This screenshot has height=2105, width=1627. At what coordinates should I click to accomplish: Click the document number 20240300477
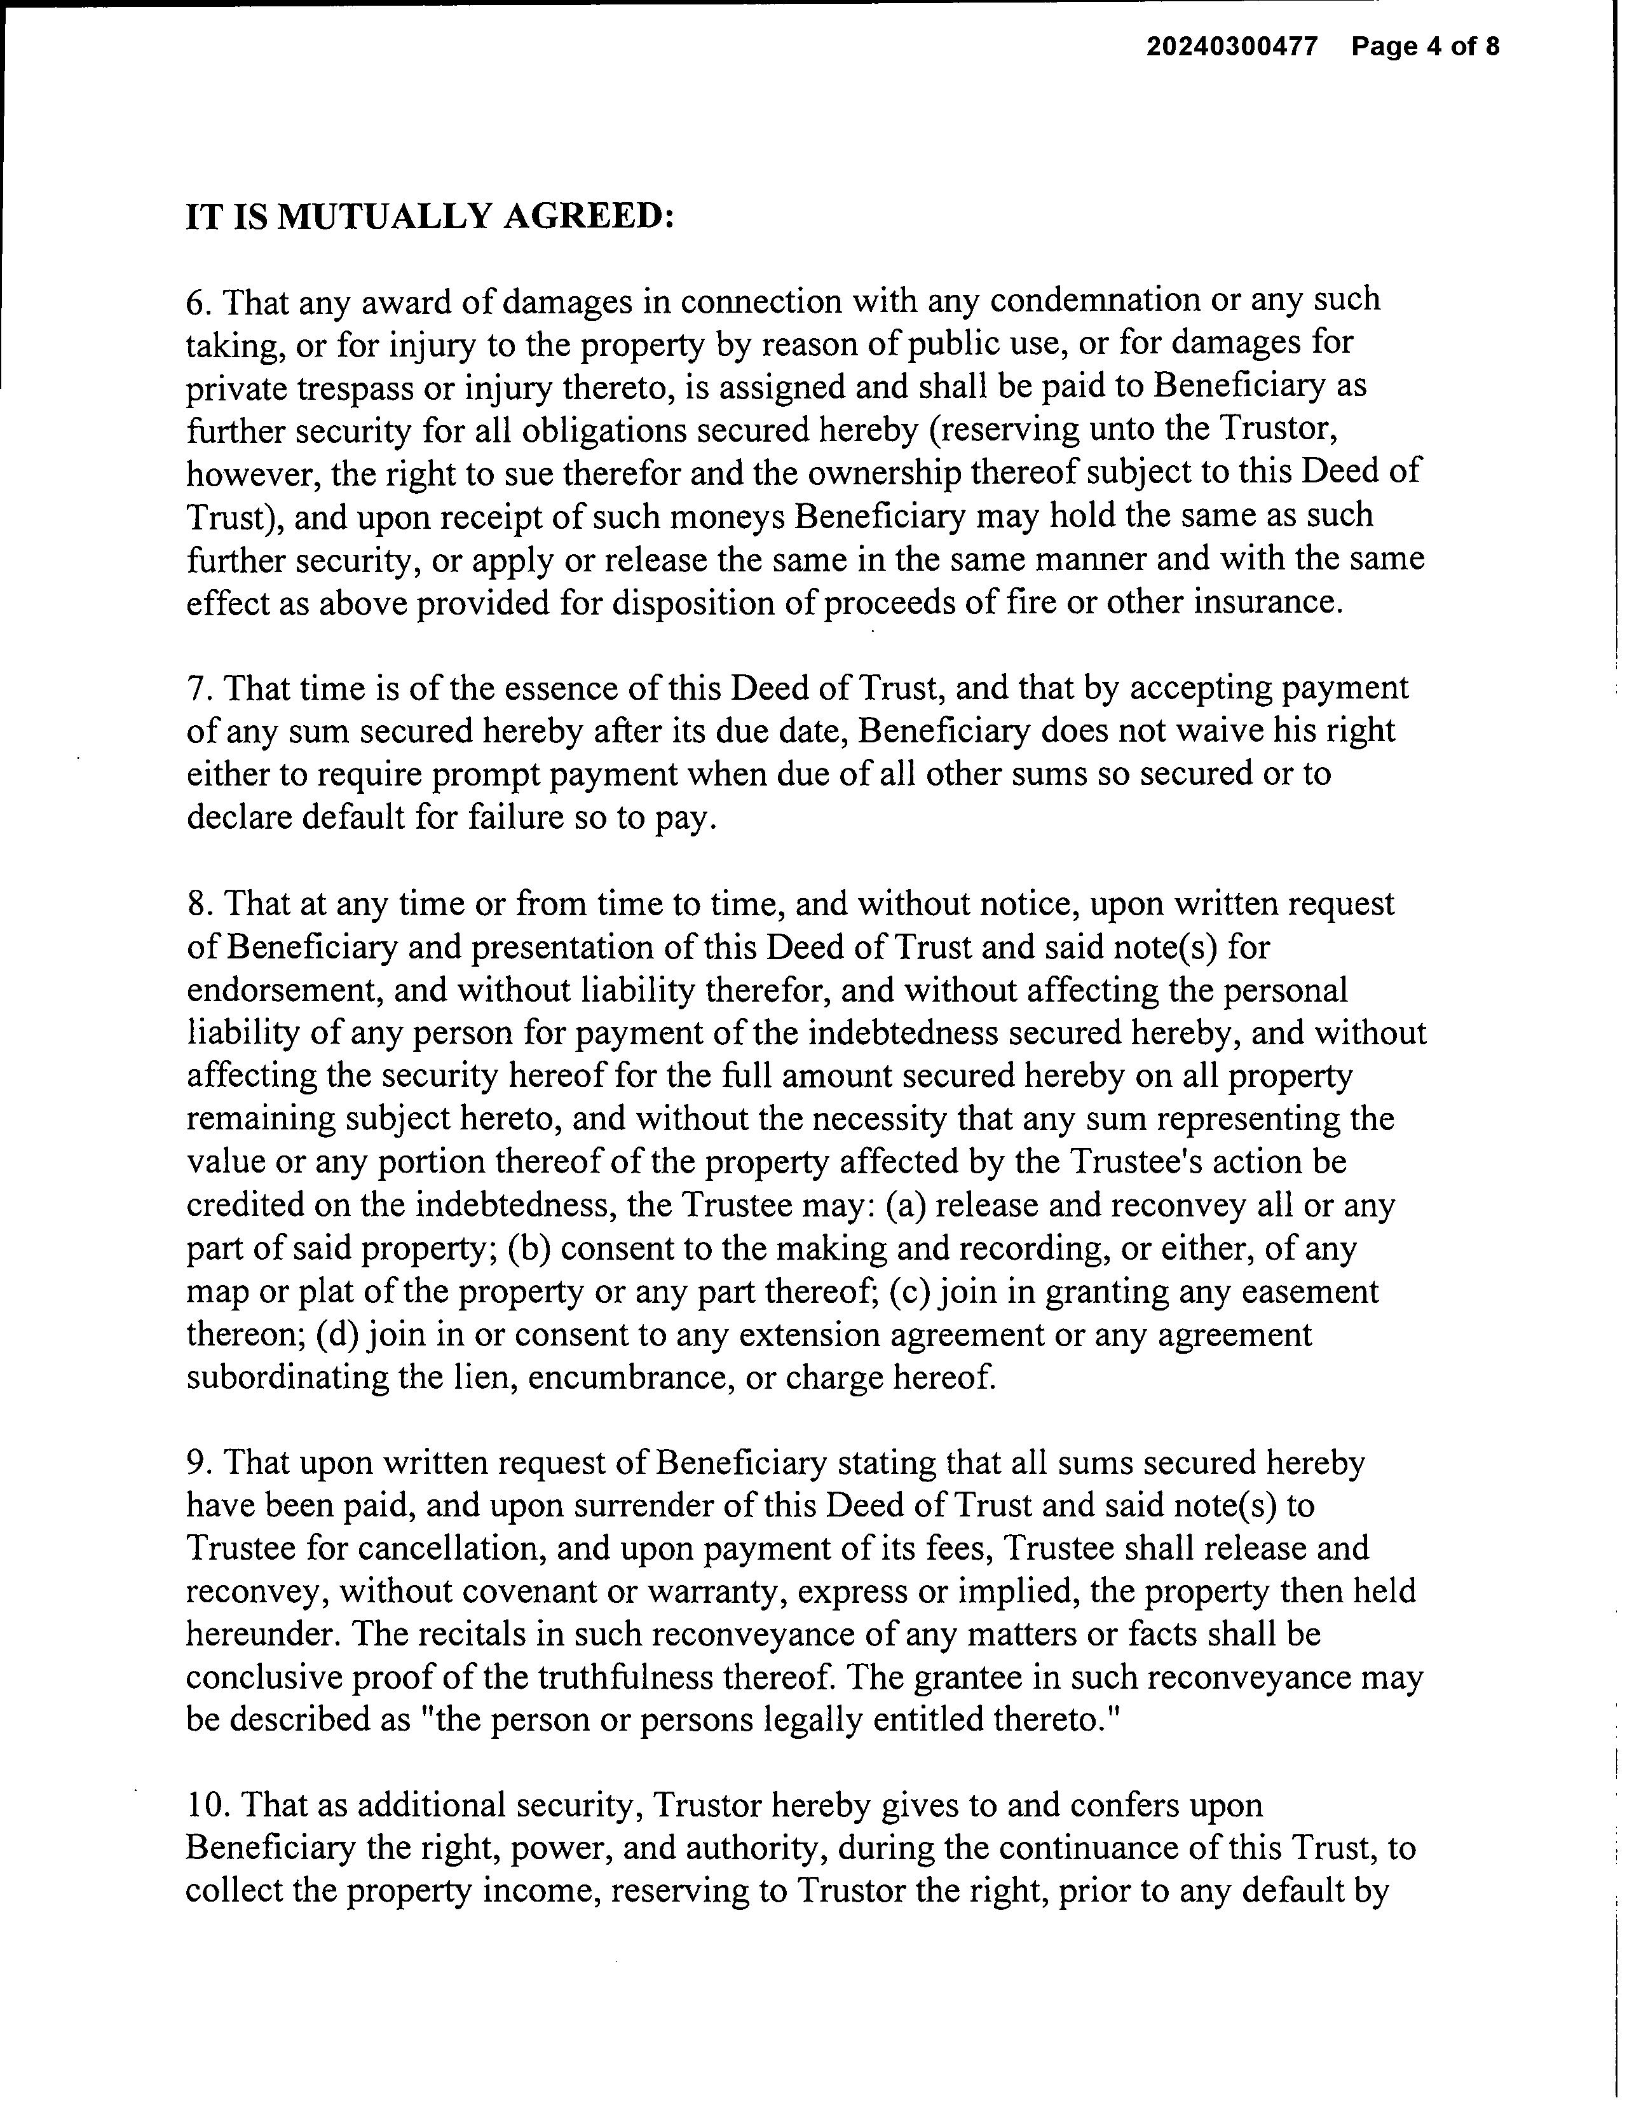click(1231, 46)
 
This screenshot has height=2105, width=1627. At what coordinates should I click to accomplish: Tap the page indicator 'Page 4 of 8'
click(1425, 46)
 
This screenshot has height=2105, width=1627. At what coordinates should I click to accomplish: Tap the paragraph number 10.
click(205, 1805)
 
